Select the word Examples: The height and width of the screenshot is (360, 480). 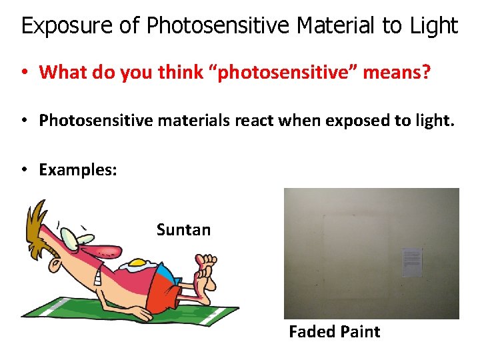click(x=78, y=169)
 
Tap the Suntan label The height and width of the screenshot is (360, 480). click(x=183, y=230)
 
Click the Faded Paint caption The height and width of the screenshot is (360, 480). click(x=334, y=332)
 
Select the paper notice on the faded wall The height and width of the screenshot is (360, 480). click(x=412, y=263)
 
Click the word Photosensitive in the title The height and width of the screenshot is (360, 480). click(x=219, y=27)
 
